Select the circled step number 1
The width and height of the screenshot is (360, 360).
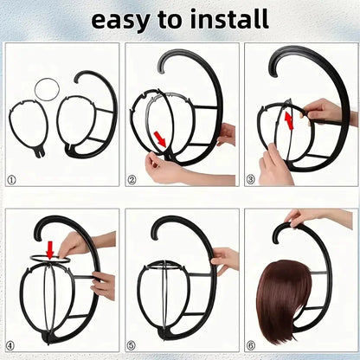(11, 181)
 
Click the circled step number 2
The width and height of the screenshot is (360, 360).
(132, 180)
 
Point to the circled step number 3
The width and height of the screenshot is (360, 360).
(250, 180)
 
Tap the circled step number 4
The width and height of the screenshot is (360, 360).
(10, 345)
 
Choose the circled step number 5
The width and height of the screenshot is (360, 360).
(132, 345)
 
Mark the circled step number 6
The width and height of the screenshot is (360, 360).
(251, 345)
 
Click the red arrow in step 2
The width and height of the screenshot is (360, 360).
(160, 138)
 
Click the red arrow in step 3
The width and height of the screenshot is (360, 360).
(289, 121)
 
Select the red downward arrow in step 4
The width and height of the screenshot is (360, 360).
(50, 250)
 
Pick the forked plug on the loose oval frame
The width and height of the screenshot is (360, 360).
(40, 152)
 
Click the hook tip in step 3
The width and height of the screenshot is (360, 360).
(276, 75)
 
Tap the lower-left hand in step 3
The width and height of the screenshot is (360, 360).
(274, 166)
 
